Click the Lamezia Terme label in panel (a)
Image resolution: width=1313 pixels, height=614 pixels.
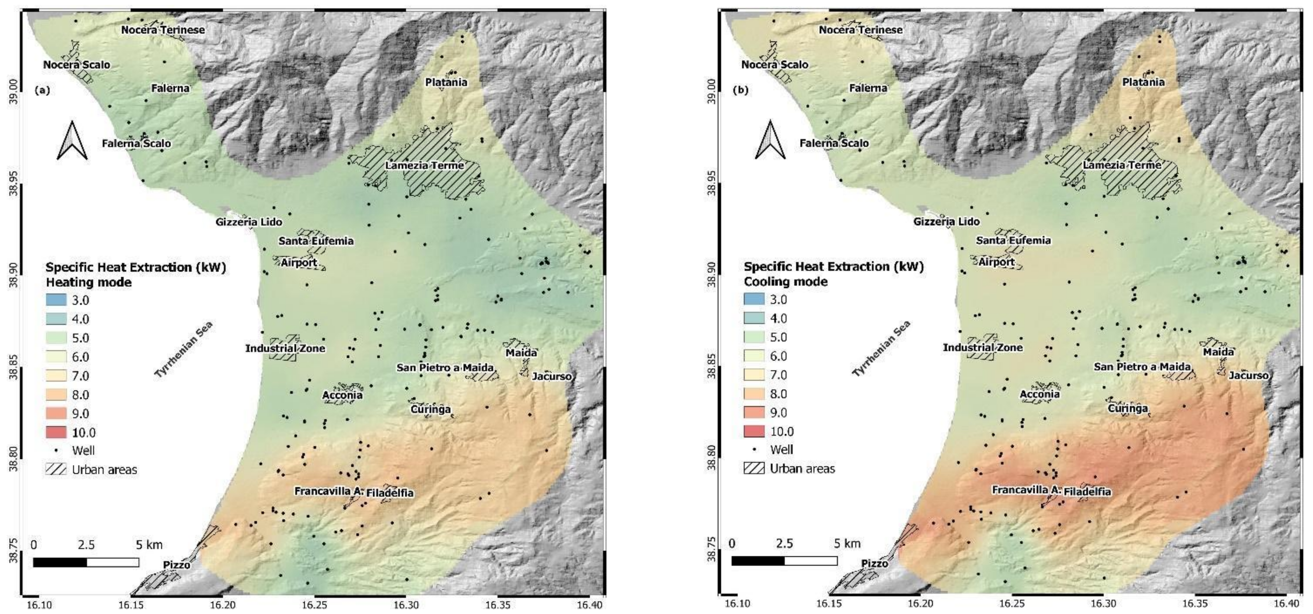(x=424, y=165)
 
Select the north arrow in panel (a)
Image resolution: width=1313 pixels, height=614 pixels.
(x=72, y=140)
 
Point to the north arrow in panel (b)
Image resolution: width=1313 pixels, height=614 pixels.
(x=770, y=140)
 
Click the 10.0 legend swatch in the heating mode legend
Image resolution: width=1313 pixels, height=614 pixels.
(x=56, y=432)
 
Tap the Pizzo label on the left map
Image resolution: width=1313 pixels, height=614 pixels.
(x=176, y=565)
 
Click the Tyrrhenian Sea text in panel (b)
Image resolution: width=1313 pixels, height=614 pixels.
(x=881, y=349)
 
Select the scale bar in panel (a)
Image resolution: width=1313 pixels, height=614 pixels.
(x=86, y=562)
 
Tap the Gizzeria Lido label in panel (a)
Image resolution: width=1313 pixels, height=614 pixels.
(x=249, y=222)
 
